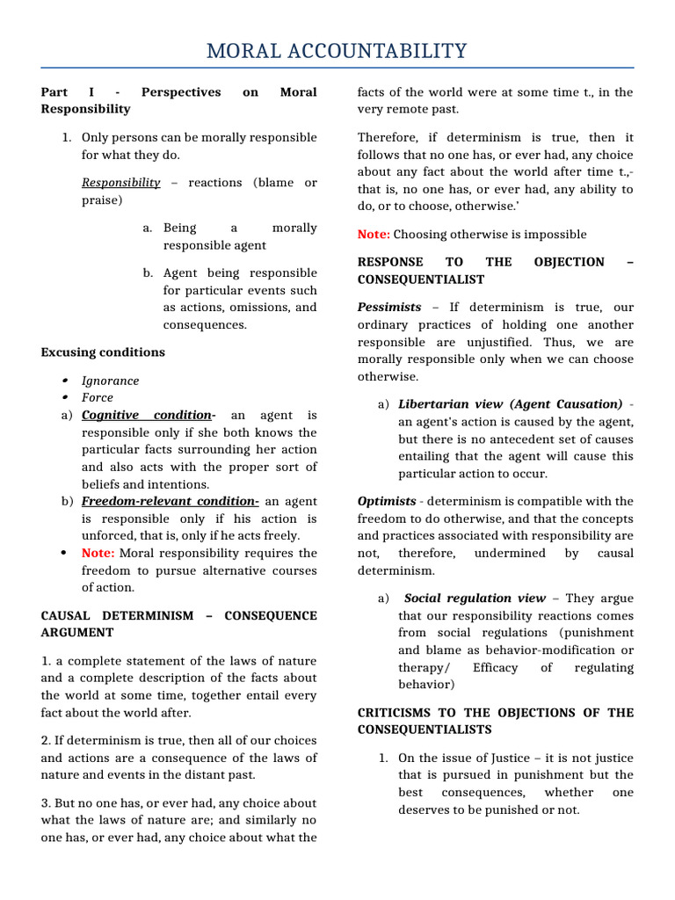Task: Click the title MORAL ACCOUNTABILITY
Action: tap(337, 51)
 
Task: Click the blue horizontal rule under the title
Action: tap(337, 68)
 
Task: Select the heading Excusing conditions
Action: tap(103, 352)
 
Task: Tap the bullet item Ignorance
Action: tap(110, 381)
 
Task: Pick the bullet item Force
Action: tap(98, 398)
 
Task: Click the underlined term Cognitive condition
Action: tap(147, 416)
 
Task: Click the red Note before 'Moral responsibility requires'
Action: tap(98, 553)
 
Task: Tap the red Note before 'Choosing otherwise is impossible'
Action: tap(374, 235)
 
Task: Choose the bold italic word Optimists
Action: tap(387, 502)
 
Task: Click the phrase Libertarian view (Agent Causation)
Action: tap(510, 404)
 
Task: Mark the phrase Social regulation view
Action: tap(475, 599)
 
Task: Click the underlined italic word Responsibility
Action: tap(121, 183)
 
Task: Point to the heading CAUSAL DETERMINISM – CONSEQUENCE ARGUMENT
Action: tap(178, 624)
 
